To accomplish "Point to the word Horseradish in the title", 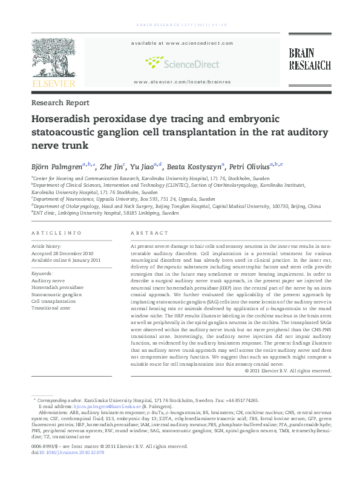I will coord(62,120).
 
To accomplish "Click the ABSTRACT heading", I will coord(149,233).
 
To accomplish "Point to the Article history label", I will coord(46,247).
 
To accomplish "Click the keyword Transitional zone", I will coord(51,308).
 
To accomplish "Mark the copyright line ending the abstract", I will coord(288,371).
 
